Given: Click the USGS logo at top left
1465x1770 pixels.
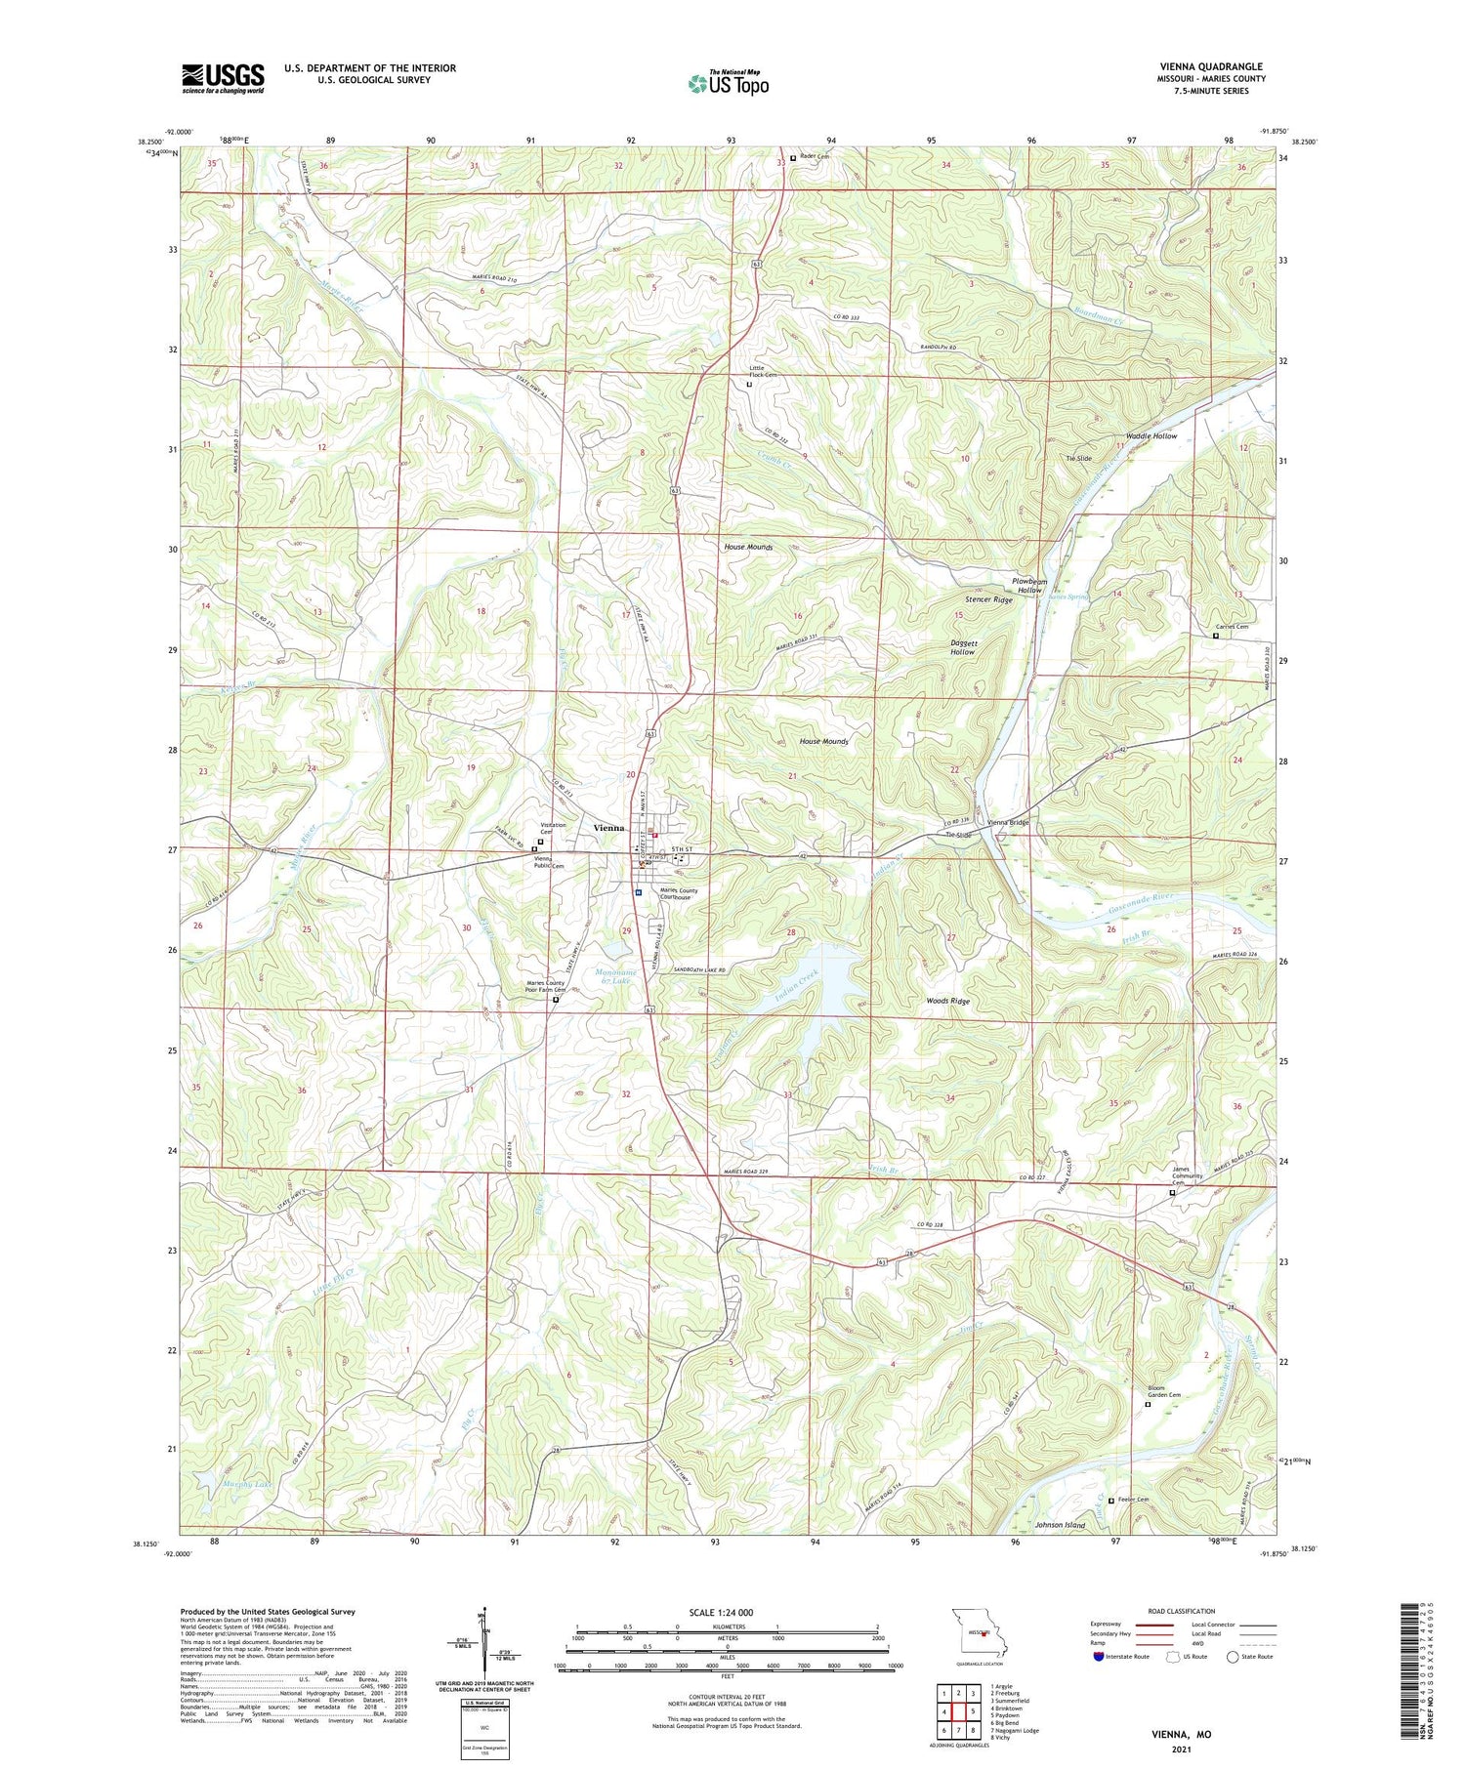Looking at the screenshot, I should click(223, 78).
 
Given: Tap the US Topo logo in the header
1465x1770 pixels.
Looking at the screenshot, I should click(728, 84).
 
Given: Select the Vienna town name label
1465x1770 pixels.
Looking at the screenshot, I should click(608, 827).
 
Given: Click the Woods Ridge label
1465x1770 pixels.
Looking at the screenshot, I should click(947, 1002).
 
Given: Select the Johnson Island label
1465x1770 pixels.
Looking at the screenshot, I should click(1060, 1525).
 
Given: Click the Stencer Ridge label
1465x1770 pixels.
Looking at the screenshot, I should click(988, 599).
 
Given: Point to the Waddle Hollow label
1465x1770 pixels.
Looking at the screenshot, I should click(1151, 436).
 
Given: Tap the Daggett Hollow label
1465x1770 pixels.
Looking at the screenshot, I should click(962, 647).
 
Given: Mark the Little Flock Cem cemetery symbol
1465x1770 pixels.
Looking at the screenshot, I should click(749, 385).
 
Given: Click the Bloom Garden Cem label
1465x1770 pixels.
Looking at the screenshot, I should click(1163, 1394).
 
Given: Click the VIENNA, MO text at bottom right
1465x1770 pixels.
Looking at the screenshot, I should click(1181, 1734).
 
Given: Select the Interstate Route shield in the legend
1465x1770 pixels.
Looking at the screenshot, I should click(1098, 1657).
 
